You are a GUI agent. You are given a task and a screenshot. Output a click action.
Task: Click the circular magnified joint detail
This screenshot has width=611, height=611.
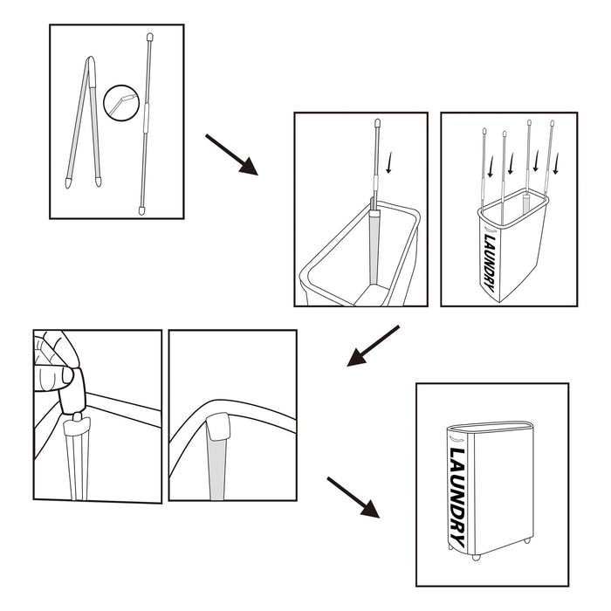(121, 103)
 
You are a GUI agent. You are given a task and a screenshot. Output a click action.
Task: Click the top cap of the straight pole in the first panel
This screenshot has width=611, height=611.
(149, 38)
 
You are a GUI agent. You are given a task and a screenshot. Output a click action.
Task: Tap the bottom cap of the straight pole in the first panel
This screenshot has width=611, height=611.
(141, 211)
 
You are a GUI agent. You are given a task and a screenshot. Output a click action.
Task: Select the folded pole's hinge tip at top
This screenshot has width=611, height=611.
(91, 61)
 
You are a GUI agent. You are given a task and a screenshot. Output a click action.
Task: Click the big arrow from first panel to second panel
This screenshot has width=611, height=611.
(231, 154)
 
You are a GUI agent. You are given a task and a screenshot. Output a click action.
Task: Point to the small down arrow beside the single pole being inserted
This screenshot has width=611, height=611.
(388, 163)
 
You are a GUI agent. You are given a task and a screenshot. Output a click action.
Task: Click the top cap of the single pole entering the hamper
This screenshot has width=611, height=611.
(377, 123)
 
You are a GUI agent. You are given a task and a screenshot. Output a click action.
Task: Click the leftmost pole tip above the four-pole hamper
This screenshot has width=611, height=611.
(484, 131)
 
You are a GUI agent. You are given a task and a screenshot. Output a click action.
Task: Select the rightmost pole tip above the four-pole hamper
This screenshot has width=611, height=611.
(553, 124)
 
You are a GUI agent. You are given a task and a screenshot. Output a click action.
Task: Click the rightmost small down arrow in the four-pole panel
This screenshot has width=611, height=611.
(556, 163)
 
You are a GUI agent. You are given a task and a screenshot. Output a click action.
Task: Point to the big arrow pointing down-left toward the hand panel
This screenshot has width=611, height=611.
(373, 346)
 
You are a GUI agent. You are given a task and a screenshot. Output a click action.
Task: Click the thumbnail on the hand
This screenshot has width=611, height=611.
(67, 375)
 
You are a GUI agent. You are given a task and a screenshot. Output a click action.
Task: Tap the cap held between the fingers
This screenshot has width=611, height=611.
(72, 391)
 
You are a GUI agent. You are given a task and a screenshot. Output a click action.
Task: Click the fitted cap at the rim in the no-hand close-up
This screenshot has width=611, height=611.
(218, 427)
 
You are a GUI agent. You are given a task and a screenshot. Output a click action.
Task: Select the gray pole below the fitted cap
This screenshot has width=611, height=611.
(217, 470)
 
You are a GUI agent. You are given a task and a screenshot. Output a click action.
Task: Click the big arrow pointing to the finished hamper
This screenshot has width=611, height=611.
(353, 498)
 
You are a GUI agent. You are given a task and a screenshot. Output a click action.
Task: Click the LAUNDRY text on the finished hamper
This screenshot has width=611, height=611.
(457, 498)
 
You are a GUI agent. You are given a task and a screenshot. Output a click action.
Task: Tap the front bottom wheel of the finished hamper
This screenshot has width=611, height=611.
(477, 557)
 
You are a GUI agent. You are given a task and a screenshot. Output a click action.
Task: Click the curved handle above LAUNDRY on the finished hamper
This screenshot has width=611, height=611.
(456, 439)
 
